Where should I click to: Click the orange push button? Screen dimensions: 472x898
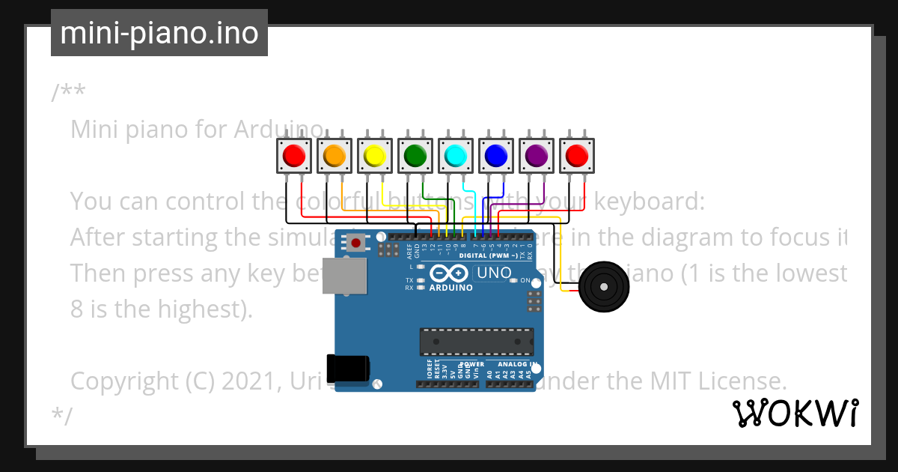334,156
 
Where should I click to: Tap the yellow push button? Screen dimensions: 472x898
374,156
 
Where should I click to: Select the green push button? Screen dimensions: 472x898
415,156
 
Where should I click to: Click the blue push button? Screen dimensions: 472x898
495,156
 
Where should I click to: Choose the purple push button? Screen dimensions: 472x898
536,156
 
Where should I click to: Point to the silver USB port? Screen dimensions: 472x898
344,276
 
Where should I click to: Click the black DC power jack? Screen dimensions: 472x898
349,368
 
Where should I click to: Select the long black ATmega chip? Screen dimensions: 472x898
477,341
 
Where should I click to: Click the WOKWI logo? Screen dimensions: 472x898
795,413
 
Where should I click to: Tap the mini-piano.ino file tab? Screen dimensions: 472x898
159,33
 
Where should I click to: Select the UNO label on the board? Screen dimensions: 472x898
494,273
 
